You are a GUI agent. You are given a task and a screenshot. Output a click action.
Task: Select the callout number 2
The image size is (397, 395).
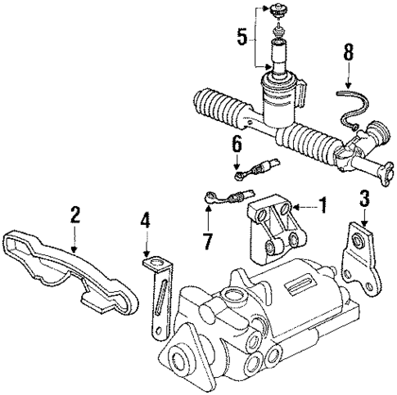(74, 216)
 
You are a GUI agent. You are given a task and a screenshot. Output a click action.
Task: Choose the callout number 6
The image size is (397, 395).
(237, 144)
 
